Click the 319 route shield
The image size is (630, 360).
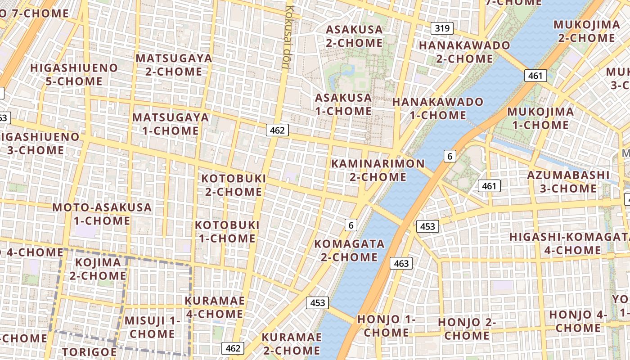[442, 29]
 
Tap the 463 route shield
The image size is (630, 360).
[401, 263]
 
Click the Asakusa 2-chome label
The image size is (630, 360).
[354, 36]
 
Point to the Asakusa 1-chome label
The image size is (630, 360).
[343, 104]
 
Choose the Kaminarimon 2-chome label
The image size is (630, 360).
[378, 170]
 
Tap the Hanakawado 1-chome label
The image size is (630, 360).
[437, 108]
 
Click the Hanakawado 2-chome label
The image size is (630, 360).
[464, 52]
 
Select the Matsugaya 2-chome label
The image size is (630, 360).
[174, 65]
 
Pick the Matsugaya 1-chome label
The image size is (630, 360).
[171, 124]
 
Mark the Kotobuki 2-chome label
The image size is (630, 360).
[234, 185]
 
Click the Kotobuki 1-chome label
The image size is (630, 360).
[227, 231]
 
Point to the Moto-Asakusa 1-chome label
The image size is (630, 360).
[102, 214]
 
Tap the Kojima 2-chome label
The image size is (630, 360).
[98, 269]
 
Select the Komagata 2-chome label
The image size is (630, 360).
[349, 250]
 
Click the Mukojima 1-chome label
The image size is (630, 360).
[540, 118]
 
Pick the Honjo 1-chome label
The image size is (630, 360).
[387, 326]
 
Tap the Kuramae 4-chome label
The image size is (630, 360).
[215, 307]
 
